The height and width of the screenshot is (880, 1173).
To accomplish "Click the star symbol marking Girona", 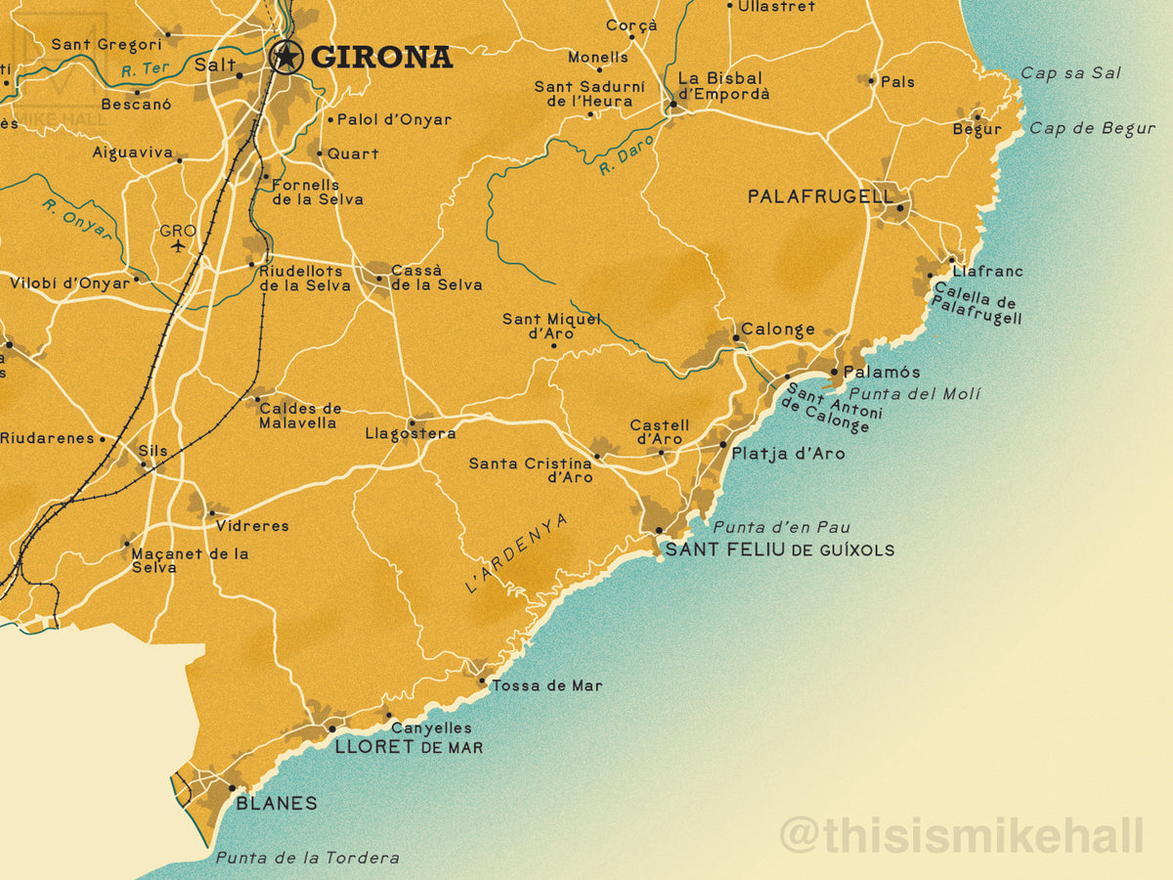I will coord(285,57).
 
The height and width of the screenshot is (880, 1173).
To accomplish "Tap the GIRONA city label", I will coord(381,58).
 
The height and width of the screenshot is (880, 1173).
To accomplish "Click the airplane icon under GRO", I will coord(177,245).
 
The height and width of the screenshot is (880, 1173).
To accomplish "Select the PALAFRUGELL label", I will coord(820,197).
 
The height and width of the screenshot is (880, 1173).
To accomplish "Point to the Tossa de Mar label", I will coord(546,685).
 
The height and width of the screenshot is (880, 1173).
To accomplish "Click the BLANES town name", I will coord(277,803).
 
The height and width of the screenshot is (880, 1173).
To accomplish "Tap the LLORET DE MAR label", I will coord(409,747).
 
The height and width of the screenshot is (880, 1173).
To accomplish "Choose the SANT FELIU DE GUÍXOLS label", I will coord(779,550).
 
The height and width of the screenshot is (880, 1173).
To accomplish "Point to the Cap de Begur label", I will coord(1092,128).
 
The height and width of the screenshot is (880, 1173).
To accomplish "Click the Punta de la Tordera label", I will coord(307,858).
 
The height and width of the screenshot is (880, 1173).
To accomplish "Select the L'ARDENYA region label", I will coord(515,554).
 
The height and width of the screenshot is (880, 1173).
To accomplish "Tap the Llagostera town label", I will coord(410,433).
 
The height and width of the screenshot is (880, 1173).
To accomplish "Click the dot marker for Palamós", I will coord(834,372).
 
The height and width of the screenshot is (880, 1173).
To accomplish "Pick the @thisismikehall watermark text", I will coord(961,837).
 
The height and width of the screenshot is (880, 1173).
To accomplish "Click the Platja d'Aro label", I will coord(788,454).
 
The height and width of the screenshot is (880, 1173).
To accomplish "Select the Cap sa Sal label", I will coord(1070,73).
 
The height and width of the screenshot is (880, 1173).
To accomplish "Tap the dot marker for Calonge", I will coord(735,338).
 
